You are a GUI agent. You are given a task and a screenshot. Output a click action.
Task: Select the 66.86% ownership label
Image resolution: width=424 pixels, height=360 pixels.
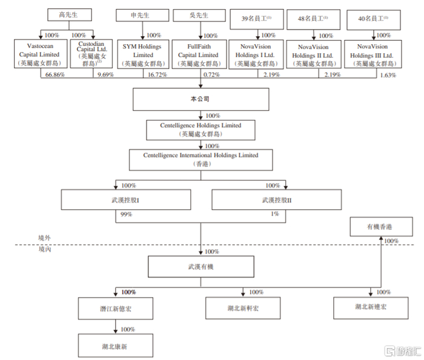[x=55, y=75]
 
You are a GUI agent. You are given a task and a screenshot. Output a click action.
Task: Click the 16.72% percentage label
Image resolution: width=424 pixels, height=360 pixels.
[x=157, y=75]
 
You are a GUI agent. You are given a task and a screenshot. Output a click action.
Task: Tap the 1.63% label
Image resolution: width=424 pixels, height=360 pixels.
[x=388, y=76]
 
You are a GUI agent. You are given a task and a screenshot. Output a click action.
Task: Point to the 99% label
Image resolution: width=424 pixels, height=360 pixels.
[x=126, y=214]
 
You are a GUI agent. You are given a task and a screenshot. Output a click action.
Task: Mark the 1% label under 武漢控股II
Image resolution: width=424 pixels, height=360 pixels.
[x=275, y=214]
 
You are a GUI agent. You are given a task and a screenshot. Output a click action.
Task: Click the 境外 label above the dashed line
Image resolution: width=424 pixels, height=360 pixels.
[x=44, y=238]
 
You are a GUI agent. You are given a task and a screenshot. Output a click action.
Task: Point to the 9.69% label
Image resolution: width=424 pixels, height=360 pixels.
[x=105, y=75]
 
